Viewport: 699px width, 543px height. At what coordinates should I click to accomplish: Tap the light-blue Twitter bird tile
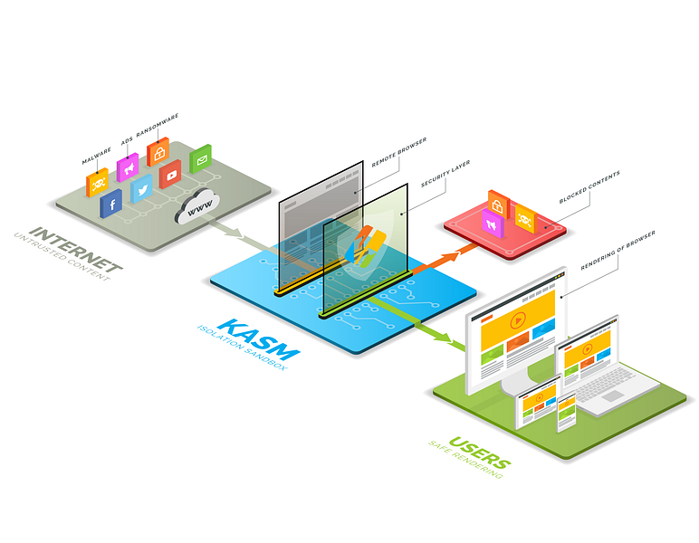140,189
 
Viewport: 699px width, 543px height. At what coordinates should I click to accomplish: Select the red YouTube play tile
170,174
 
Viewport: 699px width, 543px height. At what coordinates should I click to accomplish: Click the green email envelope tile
200,158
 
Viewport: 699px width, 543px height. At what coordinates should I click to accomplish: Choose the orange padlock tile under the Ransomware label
158,151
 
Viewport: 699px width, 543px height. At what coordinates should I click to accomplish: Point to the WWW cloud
198,207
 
